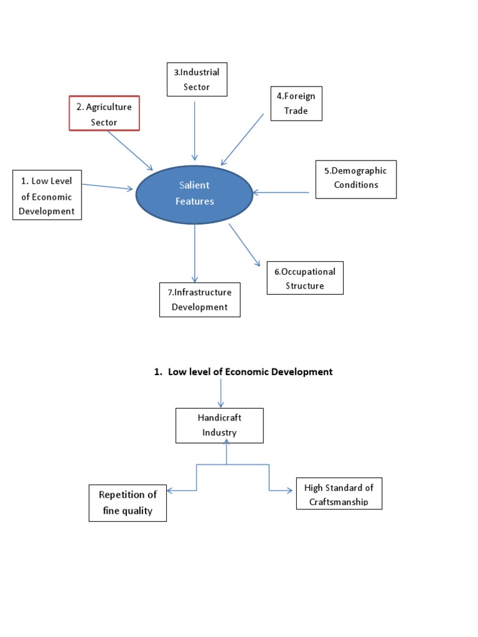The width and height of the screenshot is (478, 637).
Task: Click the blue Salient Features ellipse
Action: [x=195, y=193]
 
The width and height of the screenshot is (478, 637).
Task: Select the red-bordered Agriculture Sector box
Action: [x=104, y=114]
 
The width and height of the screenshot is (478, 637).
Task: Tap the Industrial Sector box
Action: [x=197, y=80]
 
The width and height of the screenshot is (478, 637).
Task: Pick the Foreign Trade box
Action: [x=296, y=103]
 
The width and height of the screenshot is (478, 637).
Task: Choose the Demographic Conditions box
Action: [x=355, y=179]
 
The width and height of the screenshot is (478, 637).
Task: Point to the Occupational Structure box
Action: [x=305, y=278]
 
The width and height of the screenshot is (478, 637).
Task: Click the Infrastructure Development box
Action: [x=200, y=299]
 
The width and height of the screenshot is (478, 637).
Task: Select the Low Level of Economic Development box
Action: [x=47, y=195]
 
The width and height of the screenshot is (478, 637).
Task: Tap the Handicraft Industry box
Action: [x=220, y=425]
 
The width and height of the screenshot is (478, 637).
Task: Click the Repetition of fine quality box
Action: [x=128, y=503]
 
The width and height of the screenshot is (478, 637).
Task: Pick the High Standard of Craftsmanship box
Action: [x=339, y=493]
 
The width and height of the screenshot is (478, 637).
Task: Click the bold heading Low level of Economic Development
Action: [x=243, y=372]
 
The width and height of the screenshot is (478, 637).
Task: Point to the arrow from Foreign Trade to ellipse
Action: [x=242, y=139]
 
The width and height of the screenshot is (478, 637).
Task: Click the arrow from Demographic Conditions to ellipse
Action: [x=281, y=193]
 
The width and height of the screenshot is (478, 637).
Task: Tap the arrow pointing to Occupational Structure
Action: [x=244, y=244]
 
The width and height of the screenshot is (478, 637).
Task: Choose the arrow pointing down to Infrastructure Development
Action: [x=195, y=253]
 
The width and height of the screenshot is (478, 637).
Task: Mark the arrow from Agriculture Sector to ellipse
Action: [x=129, y=151]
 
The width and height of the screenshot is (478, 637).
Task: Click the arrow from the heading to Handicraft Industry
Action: [x=221, y=394]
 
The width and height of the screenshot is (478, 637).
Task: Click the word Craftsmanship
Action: [x=339, y=502]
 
